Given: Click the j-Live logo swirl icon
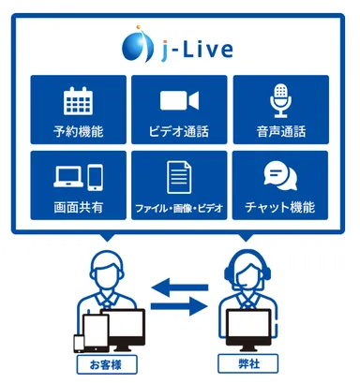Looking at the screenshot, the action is (138, 44).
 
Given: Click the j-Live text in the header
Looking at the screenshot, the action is (195, 45).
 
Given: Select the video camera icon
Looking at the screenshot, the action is (178, 100).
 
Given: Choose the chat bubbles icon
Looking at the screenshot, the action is (279, 175).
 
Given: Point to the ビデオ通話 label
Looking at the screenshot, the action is (178, 129).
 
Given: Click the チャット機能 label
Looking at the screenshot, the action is (279, 205).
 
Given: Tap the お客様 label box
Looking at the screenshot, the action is (102, 361).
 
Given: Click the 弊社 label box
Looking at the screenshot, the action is (248, 361).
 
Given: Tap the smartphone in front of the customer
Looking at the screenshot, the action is (78, 337).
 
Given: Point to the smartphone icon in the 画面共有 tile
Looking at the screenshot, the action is (95, 175).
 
